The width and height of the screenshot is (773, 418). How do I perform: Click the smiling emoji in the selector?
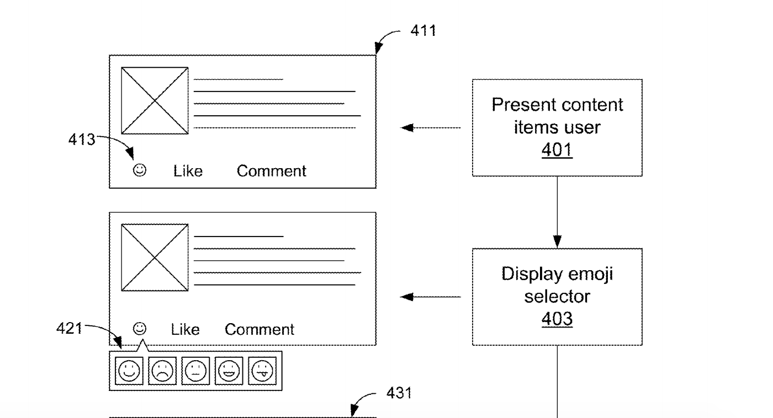coord(129,370)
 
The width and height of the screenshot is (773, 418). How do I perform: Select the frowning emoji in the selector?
coord(162,370)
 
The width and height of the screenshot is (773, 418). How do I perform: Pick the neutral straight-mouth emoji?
coord(195,370)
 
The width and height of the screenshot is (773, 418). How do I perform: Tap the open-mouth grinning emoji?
coord(228,370)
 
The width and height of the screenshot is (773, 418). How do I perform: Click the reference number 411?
coord(423,31)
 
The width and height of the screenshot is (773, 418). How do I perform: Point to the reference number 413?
coord(81,140)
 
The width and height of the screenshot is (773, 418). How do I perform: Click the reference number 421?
coord(70,329)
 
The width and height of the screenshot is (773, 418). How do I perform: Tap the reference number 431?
coord(398,393)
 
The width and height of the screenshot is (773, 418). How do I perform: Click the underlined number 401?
coord(557,149)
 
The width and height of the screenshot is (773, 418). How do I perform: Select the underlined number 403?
coord(557,319)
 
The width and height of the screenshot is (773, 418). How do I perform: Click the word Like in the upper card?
coord(188,172)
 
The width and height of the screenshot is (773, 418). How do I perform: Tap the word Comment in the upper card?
coord(271,172)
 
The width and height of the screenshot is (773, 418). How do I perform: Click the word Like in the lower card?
coord(185,330)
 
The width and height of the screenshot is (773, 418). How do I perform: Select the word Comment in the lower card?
coord(260,330)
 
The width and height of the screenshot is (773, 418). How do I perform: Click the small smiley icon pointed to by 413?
coord(140,171)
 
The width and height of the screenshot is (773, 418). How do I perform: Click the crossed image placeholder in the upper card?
coord(155,101)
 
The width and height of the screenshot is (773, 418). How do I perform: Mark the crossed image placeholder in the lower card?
coord(155,258)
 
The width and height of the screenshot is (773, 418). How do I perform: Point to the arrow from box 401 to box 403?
coord(557,212)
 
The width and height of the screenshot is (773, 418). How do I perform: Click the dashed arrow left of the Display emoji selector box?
coord(431,297)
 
